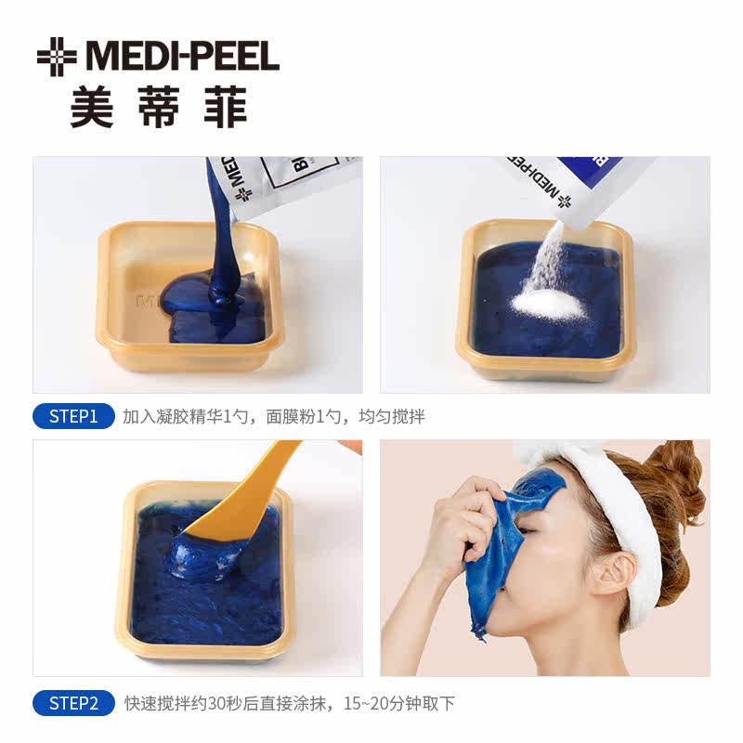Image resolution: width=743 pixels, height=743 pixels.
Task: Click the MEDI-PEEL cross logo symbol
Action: (x=57, y=57)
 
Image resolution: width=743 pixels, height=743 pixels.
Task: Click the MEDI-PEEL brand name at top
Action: (x=182, y=57)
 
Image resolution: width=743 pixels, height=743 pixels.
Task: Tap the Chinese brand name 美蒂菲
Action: (x=159, y=110)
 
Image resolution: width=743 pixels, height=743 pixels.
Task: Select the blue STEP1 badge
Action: (x=73, y=416)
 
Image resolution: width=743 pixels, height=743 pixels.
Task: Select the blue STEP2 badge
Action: (x=73, y=703)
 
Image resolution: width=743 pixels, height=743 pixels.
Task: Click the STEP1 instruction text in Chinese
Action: (x=274, y=417)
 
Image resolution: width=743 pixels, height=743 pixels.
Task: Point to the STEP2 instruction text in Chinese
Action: (x=290, y=703)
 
